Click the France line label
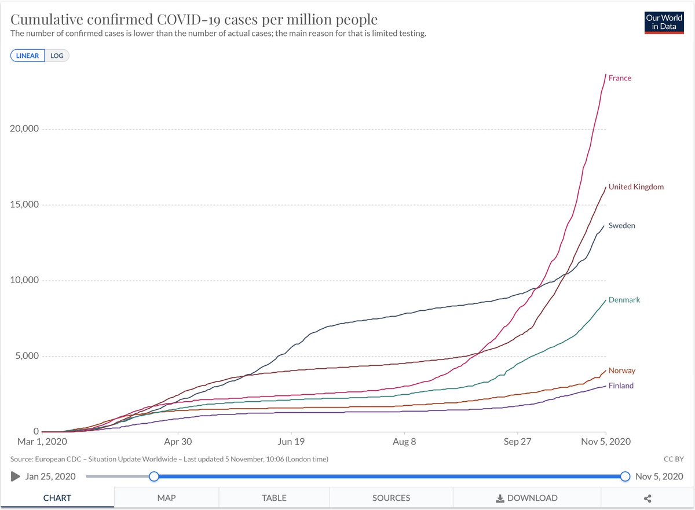pyautogui.click(x=620, y=78)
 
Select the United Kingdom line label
pyautogui.click(x=636, y=187)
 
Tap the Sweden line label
pyautogui.click(x=621, y=226)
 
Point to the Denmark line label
pyautogui.click(x=624, y=300)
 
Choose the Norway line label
pyautogui.click(x=621, y=370)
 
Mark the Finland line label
pyautogui.click(x=621, y=386)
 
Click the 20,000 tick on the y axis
pyautogui.click(x=24, y=129)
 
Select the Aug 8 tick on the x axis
pyautogui.click(x=404, y=441)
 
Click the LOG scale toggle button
pyautogui.click(x=57, y=56)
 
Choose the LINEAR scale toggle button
pyautogui.click(x=27, y=56)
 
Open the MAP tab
pyautogui.click(x=166, y=498)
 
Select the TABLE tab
pyautogui.click(x=274, y=498)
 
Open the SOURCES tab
pyautogui.click(x=391, y=498)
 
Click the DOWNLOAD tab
pyautogui.click(x=527, y=498)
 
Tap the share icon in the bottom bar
pyautogui.click(x=648, y=498)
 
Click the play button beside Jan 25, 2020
pyautogui.click(x=15, y=476)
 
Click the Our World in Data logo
pyautogui.click(x=664, y=23)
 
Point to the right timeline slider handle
pyautogui.click(x=625, y=476)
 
